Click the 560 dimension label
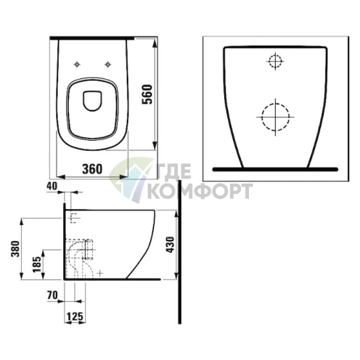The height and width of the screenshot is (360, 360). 147,94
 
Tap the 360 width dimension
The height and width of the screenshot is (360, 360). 92,168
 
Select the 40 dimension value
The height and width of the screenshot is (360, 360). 52,186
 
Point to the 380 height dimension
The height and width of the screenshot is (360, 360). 15,249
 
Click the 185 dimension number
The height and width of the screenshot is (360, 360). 37,264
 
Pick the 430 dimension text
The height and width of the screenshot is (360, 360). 171,245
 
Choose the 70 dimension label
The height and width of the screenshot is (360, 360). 52,295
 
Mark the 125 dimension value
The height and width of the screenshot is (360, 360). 75,316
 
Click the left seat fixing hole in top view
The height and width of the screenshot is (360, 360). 77,65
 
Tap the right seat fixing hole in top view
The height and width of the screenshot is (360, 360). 107,65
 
